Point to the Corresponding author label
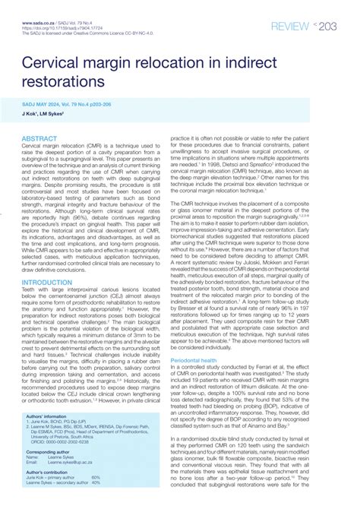click(x=54, y=451)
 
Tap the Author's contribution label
click(x=52, y=472)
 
